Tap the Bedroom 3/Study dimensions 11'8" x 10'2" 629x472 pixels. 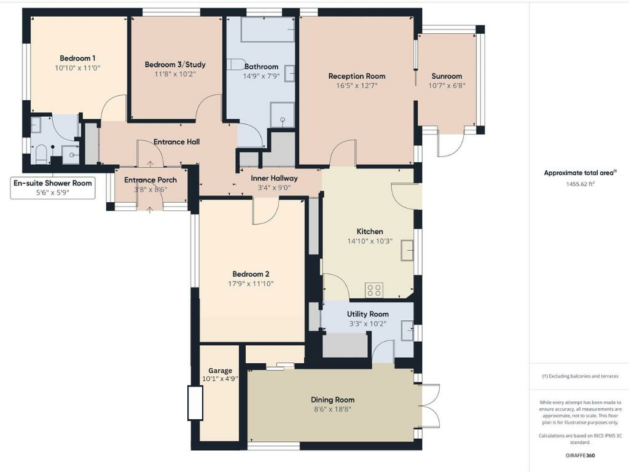coord(175,74)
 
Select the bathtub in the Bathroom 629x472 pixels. coord(268,29)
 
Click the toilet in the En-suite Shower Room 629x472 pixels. coord(42,153)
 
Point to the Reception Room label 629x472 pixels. coord(357,76)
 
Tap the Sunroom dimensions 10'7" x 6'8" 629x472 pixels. coord(447,85)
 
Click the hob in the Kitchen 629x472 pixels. coord(374,289)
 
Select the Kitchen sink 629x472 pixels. coord(407,250)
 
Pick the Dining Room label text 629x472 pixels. coord(332,399)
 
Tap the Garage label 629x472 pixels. coord(220,371)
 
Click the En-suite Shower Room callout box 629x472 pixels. coord(53,187)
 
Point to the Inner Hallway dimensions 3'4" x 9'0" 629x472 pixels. coord(274,187)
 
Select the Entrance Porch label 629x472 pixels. coord(150,180)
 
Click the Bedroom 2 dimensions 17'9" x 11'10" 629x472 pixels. coord(251,284)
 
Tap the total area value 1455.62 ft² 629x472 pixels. coord(580,184)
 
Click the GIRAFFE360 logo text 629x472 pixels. coord(580,455)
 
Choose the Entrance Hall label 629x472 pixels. coord(176,142)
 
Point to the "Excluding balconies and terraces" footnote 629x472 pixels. coord(580,376)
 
